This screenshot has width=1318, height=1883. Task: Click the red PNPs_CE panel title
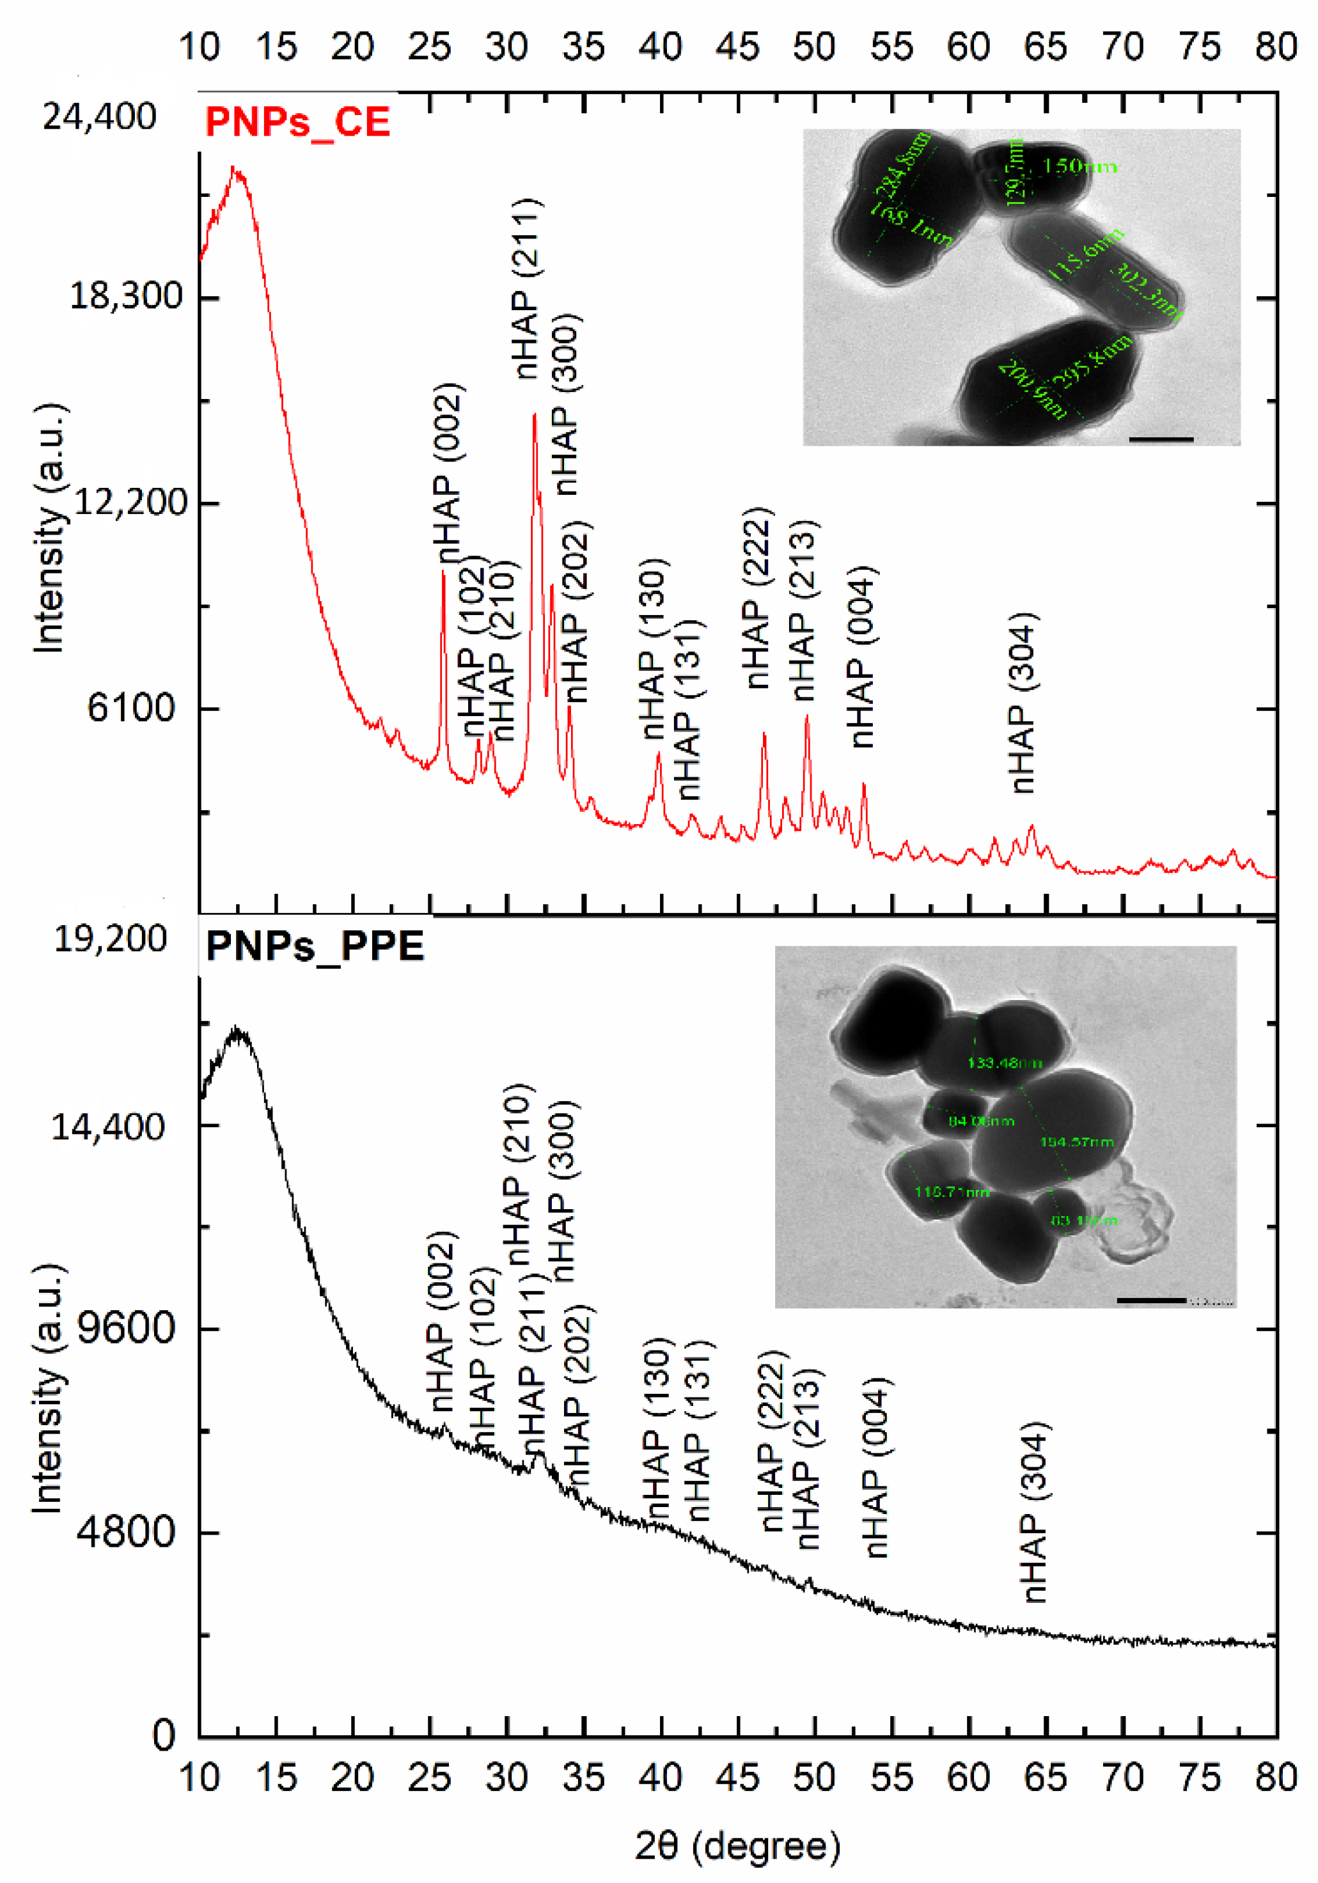[297, 122]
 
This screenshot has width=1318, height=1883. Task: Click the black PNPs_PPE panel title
[315, 946]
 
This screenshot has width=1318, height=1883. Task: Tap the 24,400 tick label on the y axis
[99, 117]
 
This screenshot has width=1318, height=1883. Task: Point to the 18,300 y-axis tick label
[125, 296]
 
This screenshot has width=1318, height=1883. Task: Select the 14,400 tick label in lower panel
[107, 1127]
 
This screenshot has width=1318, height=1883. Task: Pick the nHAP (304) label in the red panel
[1023, 703]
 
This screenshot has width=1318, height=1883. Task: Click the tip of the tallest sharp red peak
[534, 415]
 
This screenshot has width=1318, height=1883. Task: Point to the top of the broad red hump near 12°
[235, 171]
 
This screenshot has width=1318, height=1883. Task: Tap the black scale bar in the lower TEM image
[1150, 1300]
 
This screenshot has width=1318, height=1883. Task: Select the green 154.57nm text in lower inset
[1076, 1141]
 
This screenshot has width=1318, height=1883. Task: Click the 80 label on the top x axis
[1275, 47]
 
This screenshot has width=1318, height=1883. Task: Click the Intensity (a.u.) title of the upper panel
[49, 529]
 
